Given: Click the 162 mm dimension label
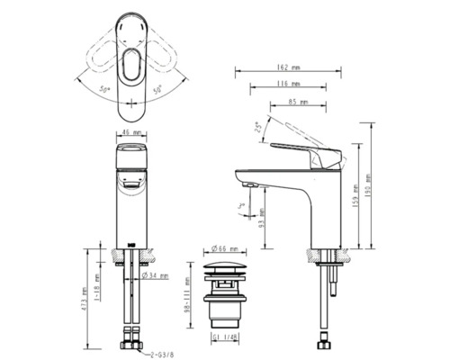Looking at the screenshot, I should click(289, 67).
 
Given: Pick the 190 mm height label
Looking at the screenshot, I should click(369, 185).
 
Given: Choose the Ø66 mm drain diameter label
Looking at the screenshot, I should click(224, 248).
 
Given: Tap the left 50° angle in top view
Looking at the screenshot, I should click(104, 92).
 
